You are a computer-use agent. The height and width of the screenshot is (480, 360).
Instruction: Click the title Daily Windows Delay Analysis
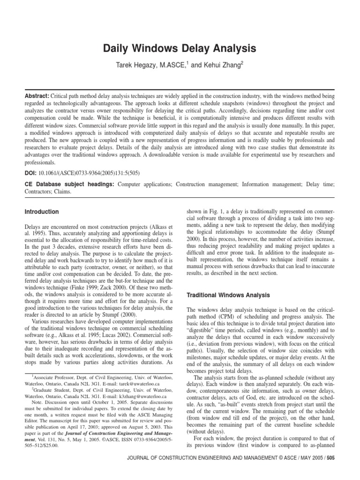click(x=180, y=48)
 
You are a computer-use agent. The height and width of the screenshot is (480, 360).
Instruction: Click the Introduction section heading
click(x=42, y=212)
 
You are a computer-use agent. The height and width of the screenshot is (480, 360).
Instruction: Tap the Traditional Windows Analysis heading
click(x=228, y=295)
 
